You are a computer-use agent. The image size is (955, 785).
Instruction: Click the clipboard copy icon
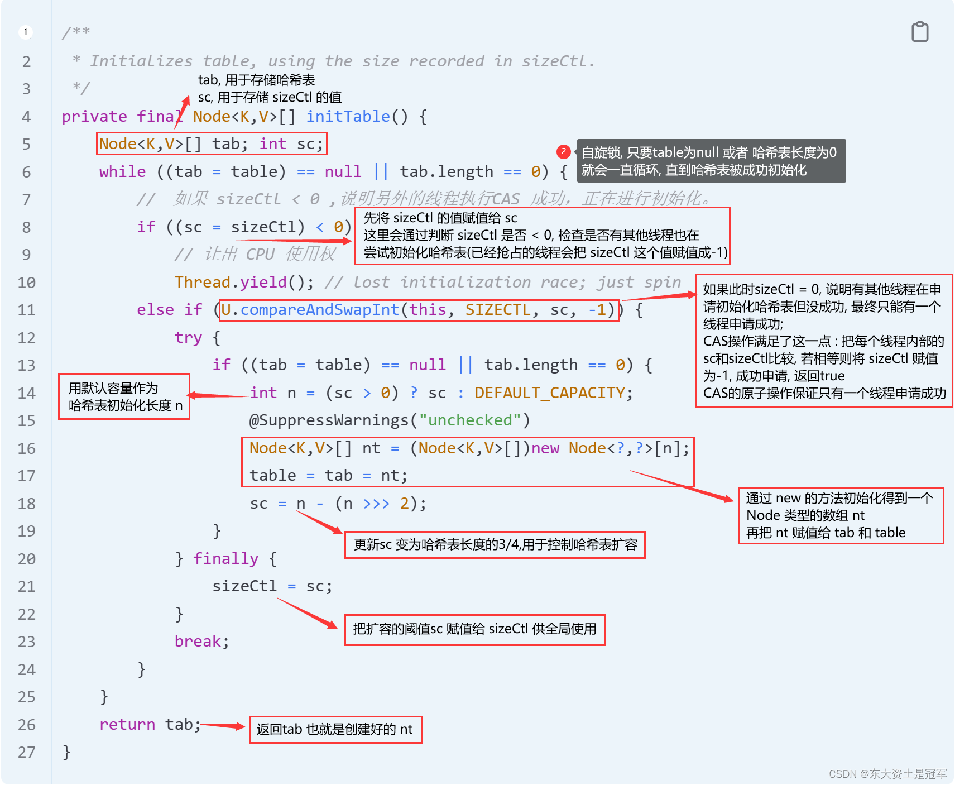click(x=920, y=32)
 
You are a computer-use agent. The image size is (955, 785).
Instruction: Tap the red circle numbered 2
click(x=563, y=151)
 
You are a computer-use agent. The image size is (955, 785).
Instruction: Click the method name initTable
click(x=348, y=116)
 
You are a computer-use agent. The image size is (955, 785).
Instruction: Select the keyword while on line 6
click(x=122, y=171)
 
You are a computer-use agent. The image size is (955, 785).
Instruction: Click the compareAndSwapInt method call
click(x=319, y=309)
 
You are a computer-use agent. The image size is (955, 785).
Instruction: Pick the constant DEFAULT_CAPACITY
click(x=549, y=392)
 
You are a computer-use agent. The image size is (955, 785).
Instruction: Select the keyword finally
click(x=225, y=558)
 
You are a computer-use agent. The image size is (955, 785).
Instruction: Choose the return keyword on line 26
click(x=127, y=724)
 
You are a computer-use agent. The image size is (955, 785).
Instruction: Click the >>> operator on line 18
click(x=376, y=503)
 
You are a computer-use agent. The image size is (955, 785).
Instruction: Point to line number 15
click(x=26, y=420)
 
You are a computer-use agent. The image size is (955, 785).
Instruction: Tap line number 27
click(x=26, y=752)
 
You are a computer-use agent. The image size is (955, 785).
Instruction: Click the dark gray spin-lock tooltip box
click(x=710, y=161)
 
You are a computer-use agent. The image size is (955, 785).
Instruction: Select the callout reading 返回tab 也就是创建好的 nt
click(x=335, y=729)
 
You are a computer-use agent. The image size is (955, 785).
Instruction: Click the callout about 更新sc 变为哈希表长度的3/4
click(x=495, y=544)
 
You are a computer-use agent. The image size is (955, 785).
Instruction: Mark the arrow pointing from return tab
click(x=223, y=726)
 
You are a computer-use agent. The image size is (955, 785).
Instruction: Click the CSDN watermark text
click(x=887, y=774)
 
